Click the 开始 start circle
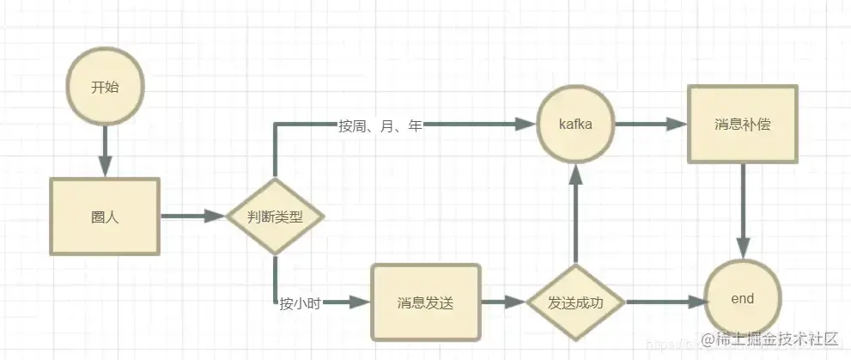pos(105,88)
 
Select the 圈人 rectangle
pos(105,217)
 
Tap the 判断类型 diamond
pos(275,217)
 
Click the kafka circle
pos(575,125)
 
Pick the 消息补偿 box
pos(742,125)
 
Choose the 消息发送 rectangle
pos(425,302)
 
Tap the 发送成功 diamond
pos(575,302)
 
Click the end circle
pos(742,299)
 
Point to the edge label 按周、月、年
pos(380,125)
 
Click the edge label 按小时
pos(300,302)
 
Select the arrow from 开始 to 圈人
pos(105,150)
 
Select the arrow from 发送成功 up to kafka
pos(575,215)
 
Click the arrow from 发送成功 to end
pos(661,302)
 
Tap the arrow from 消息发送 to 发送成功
pos(501,302)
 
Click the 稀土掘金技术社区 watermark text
pos(769,340)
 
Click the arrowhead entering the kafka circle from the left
pos(526,125)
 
